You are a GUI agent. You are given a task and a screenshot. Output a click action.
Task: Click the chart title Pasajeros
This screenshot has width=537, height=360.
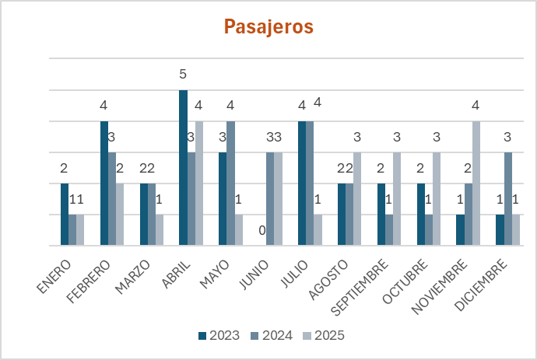click(268, 27)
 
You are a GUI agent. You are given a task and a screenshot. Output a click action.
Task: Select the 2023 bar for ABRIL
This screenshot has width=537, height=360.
click(183, 168)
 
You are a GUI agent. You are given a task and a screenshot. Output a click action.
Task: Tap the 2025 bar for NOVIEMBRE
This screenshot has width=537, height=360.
click(476, 183)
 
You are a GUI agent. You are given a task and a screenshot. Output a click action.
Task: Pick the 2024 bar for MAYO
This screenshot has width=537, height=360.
click(230, 183)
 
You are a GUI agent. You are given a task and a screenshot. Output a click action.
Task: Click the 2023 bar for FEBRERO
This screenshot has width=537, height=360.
click(104, 183)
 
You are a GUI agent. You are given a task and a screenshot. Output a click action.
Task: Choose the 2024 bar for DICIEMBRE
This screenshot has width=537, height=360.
click(507, 199)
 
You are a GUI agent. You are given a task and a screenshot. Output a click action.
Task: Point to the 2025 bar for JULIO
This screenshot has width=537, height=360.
click(318, 230)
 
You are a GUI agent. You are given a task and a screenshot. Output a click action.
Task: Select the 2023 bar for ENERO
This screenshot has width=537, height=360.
click(65, 215)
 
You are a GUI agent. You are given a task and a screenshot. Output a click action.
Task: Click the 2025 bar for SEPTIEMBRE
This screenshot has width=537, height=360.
click(396, 199)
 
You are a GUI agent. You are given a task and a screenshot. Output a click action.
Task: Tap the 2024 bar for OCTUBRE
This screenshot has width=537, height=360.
click(428, 230)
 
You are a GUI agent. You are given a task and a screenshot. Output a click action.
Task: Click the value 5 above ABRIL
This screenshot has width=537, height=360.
click(183, 75)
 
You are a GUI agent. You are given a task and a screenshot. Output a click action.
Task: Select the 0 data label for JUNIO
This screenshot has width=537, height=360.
click(262, 230)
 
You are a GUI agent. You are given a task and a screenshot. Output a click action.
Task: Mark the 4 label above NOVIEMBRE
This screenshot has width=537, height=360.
click(476, 106)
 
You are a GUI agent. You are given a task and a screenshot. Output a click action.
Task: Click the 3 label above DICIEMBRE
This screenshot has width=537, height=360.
click(507, 138)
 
